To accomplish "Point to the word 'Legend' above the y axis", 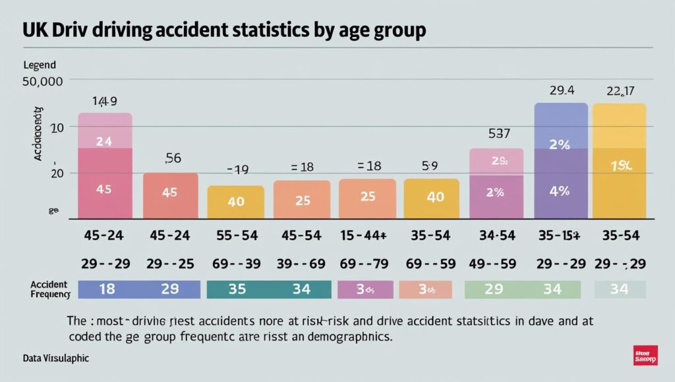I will pos(39,65).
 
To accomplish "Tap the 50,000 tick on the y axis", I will pos(42,82).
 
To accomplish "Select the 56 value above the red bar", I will pos(172,158).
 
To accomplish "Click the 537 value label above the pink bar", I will pos(499,133).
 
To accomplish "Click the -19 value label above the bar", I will pos(237,170).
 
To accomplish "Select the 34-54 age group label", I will pos(496,235).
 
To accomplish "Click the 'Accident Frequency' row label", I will pos(49,288).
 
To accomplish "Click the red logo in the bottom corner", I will pos(644,354).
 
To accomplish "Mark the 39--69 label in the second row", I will pos(301,263).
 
